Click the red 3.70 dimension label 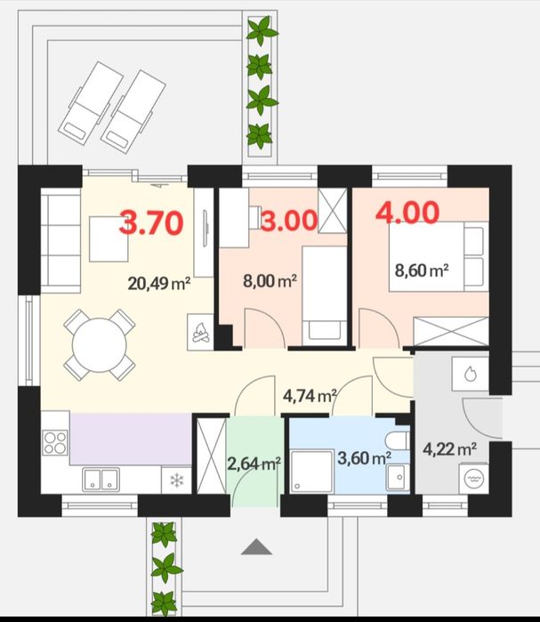coord(151,222)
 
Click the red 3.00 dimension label coord(289,221)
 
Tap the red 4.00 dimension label coord(407,213)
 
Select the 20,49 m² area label coord(159,284)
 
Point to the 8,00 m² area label coord(270,281)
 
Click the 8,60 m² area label coord(422,271)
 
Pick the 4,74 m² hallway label coord(310,395)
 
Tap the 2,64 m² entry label coord(254,464)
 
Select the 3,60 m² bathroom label coord(365,458)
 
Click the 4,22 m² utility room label coord(449,449)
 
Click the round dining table coord(99,345)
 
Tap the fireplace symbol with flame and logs coord(201,333)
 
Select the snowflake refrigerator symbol coord(177,481)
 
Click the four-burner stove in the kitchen coord(55,442)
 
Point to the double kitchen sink coord(101,480)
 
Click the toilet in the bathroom coord(397,440)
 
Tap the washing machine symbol coord(473,479)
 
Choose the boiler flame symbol coord(471,374)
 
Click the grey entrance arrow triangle coord(256,546)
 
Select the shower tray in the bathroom coord(311,472)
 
